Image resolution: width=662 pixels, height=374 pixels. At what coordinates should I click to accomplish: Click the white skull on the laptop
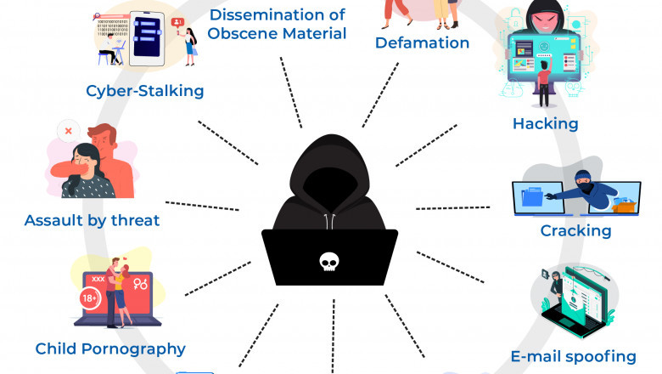(329, 263)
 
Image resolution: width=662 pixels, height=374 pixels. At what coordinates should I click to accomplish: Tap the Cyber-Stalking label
(145, 89)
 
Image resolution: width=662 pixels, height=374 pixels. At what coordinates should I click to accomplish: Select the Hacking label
(545, 124)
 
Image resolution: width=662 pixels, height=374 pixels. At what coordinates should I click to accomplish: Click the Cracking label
(575, 230)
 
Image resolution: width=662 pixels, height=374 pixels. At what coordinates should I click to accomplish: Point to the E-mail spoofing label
(573, 356)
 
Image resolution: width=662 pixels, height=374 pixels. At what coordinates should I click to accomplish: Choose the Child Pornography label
(110, 348)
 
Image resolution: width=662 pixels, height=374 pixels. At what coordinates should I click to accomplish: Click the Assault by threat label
(92, 221)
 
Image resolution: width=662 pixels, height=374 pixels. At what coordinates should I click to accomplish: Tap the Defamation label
(422, 42)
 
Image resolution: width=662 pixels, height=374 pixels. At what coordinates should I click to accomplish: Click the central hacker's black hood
(330, 170)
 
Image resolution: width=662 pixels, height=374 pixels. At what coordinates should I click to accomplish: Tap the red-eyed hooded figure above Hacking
(542, 18)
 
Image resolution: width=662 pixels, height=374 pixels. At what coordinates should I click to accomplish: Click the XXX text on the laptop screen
(98, 280)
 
